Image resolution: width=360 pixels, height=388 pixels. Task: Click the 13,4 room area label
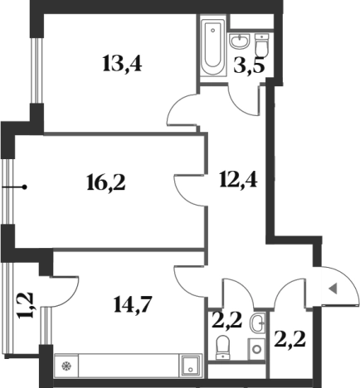(x=122, y=64)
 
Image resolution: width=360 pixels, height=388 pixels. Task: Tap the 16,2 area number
(x=106, y=183)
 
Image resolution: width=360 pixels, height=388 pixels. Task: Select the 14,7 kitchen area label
(x=133, y=304)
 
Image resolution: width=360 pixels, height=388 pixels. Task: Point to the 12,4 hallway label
(x=238, y=179)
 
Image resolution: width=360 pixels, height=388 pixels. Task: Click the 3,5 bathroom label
(x=250, y=66)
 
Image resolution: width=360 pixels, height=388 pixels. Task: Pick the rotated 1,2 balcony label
(x=27, y=305)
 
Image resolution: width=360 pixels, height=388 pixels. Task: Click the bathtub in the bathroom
(x=213, y=49)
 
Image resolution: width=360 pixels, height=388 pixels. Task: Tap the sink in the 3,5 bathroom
(x=240, y=41)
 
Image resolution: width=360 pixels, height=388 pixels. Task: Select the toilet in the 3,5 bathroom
(x=261, y=46)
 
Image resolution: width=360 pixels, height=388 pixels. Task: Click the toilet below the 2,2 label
(x=223, y=347)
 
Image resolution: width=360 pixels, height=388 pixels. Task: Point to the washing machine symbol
(x=256, y=349)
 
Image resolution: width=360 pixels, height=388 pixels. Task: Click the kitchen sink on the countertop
(x=191, y=366)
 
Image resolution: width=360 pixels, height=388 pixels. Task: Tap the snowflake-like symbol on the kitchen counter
(x=66, y=366)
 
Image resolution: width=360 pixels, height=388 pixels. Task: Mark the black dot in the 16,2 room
(x=25, y=187)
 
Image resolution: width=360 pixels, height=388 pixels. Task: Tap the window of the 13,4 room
(x=36, y=70)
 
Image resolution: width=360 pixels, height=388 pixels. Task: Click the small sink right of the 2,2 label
(x=258, y=322)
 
